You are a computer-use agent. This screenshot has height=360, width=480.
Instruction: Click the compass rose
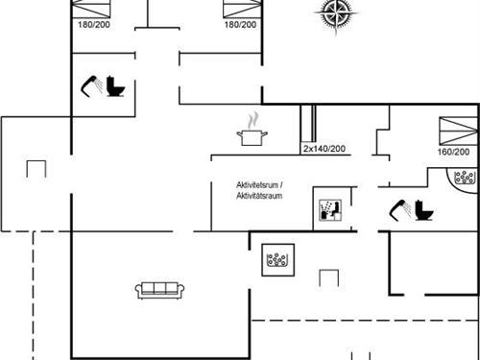(335, 12)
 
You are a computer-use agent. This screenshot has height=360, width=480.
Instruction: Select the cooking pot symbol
(252, 136)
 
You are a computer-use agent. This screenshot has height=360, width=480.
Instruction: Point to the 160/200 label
(453, 152)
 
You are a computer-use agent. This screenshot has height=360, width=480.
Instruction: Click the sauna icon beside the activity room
(326, 209)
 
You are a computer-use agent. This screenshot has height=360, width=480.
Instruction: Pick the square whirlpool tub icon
(279, 259)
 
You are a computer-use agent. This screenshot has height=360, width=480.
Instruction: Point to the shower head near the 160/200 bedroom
(397, 207)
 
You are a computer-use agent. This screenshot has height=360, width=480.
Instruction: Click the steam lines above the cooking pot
(253, 121)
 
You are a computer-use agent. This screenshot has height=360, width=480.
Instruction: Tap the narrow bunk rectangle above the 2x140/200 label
(307, 124)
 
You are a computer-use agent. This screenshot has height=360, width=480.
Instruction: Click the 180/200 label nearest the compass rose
(239, 24)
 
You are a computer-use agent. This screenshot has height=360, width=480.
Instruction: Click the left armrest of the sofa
(140, 290)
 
